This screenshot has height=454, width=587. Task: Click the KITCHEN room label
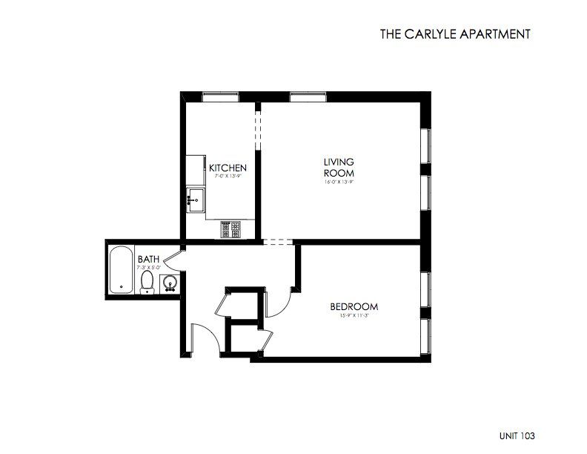(x=228, y=168)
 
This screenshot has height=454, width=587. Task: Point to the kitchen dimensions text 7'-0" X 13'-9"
(x=228, y=177)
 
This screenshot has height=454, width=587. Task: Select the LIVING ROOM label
(x=338, y=167)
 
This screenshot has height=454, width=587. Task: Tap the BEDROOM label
(x=354, y=306)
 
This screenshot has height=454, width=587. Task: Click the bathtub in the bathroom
(x=119, y=272)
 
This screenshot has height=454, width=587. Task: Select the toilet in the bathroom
(x=147, y=282)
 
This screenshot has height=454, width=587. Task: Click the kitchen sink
(x=196, y=199)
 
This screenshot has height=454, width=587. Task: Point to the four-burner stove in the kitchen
(x=231, y=230)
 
